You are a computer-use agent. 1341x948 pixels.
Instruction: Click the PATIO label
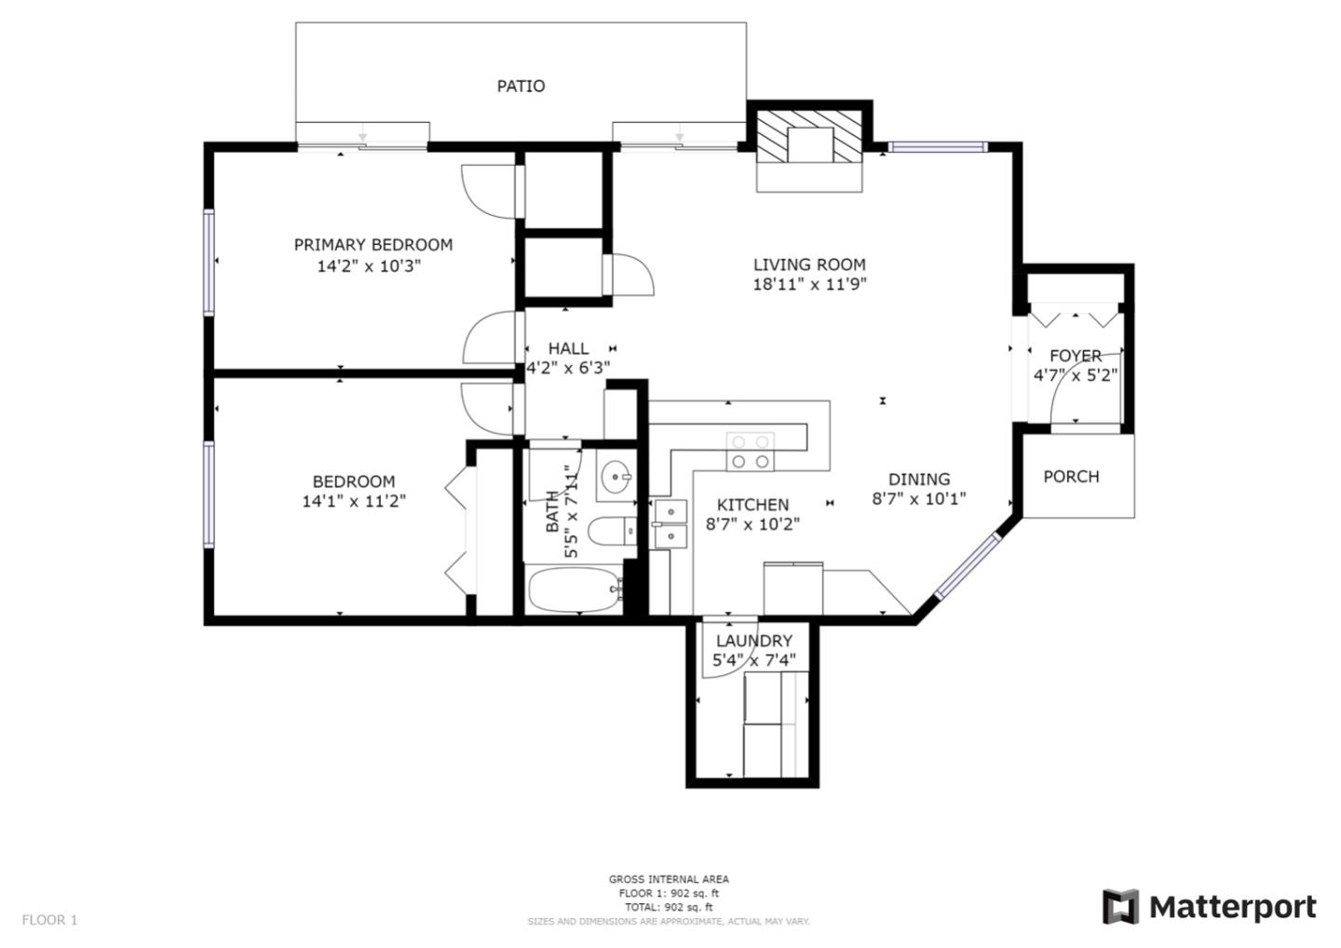tap(521, 86)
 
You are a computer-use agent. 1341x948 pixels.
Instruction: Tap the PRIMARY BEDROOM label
tap(372, 244)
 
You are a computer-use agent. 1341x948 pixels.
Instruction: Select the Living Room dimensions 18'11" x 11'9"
tap(809, 285)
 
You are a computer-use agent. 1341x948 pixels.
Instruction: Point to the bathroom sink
tap(615, 479)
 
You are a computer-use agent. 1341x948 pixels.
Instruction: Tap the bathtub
tap(574, 589)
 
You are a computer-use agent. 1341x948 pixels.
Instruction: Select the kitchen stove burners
tap(750, 451)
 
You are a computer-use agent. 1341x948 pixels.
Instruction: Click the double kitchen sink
tap(670, 524)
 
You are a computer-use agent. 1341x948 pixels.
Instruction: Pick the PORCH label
tap(1071, 477)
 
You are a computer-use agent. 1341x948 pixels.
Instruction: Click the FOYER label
tap(1076, 356)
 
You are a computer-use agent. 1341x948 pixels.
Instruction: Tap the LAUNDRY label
tap(753, 641)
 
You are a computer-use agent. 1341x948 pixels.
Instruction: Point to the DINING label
tap(918, 480)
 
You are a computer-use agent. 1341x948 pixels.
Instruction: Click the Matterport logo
tap(1210, 906)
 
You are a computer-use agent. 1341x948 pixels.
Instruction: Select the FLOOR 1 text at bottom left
tap(49, 920)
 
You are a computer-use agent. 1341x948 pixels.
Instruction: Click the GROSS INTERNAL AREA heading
tap(669, 879)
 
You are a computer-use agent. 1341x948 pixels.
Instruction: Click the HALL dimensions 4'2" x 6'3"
tap(568, 368)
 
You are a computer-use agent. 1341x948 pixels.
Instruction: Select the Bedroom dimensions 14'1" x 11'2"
tap(353, 501)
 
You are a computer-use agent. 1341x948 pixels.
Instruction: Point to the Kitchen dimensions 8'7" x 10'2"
tap(752, 524)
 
